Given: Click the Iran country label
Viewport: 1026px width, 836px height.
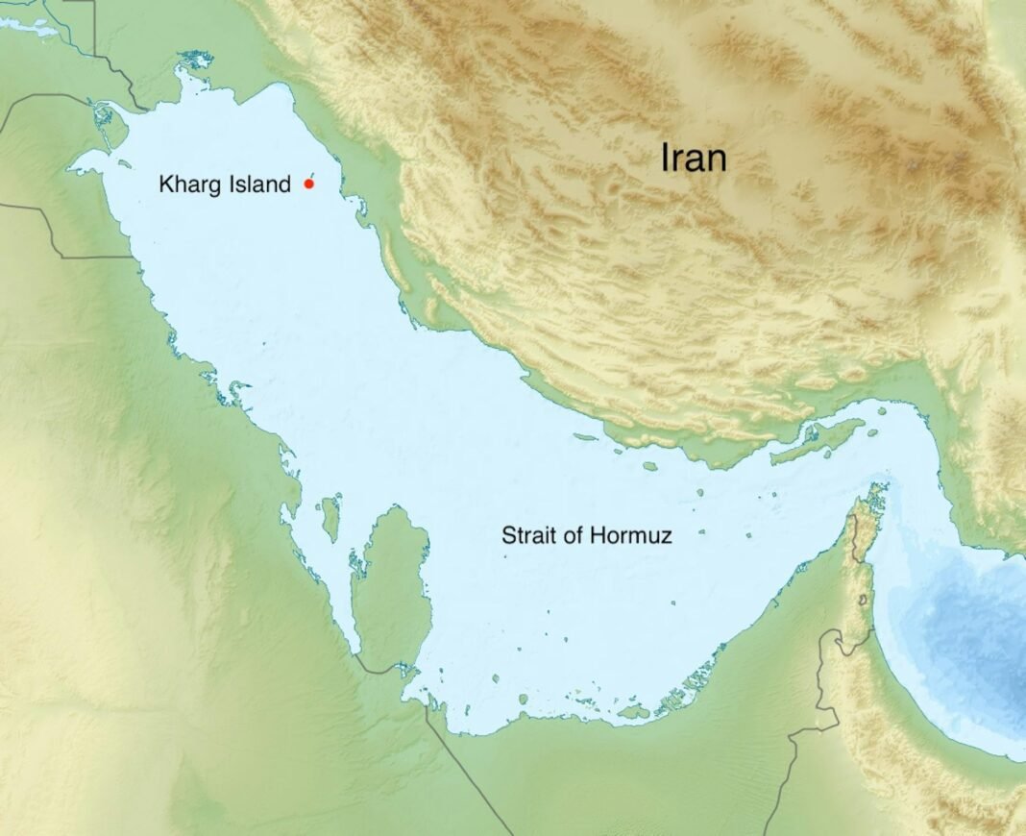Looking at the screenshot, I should click(x=694, y=158).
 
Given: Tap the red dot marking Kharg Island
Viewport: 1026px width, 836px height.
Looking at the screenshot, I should click(x=308, y=183).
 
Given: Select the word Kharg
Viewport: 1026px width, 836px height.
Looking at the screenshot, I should click(x=188, y=184).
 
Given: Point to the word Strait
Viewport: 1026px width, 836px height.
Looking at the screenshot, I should click(x=525, y=535).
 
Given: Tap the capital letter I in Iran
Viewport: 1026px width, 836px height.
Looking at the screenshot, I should click(x=665, y=158).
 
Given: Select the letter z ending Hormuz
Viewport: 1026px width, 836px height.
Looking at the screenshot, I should click(x=666, y=536).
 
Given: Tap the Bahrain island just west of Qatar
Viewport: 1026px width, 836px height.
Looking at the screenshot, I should click(x=331, y=517).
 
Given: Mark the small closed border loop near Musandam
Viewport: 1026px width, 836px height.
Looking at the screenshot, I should click(x=864, y=601).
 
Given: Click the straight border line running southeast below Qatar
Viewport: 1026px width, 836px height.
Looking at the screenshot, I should click(x=471, y=769).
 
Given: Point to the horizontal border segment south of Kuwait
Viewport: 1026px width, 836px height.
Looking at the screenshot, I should click(x=96, y=257).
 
